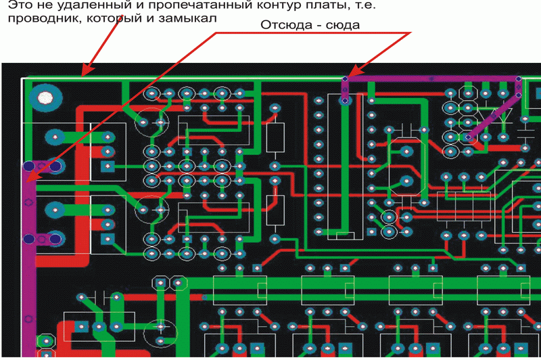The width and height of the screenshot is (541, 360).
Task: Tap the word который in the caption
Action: [x=108, y=19]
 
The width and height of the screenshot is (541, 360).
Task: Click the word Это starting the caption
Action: [x=20, y=6]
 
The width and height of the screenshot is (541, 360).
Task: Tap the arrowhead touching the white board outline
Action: [x=84, y=73]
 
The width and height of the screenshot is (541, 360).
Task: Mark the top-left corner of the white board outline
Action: [x=23, y=79]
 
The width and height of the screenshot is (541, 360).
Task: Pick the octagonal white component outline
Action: [x=168, y=283]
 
